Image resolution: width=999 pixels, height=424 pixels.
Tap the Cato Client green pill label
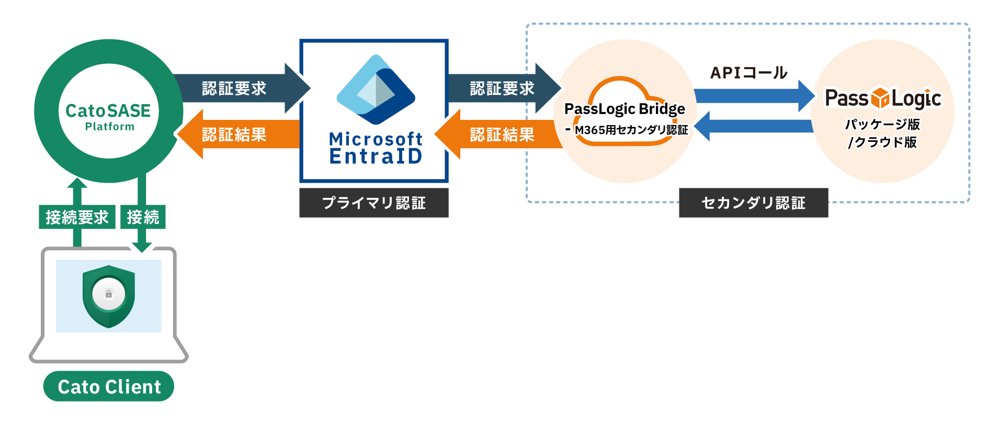109,387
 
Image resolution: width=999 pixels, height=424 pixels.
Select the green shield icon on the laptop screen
109,296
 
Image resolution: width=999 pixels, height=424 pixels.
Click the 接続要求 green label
77,217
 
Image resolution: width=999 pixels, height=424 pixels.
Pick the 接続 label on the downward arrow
143,217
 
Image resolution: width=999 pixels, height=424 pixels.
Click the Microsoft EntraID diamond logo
376,90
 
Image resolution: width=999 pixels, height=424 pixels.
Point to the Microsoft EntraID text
376,148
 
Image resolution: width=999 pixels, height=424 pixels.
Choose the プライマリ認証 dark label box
374,203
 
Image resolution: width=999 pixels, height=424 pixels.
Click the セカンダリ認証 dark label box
753,203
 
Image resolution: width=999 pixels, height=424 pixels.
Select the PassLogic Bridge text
625,109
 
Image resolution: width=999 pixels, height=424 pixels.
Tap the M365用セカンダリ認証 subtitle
631,130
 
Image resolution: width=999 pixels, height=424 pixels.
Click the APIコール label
748,73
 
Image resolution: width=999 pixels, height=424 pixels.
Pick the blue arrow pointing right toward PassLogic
753,96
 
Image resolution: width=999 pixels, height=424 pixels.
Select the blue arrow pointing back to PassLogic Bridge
753,126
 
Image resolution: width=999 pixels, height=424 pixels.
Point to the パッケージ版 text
882,125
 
